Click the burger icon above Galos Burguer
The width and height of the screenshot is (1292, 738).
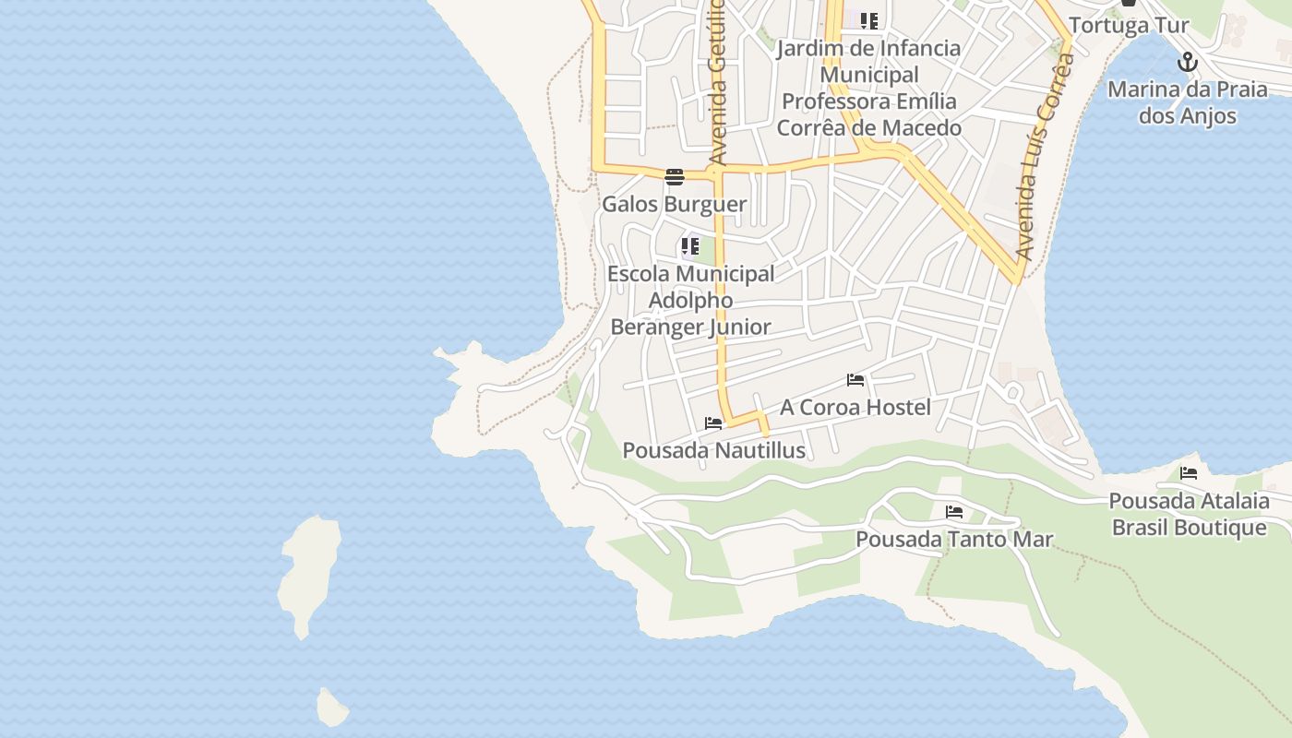(674, 176)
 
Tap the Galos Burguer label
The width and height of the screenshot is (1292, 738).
(674, 204)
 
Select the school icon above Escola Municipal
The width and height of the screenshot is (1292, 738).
(689, 246)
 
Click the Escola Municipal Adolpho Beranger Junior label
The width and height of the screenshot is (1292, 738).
(690, 300)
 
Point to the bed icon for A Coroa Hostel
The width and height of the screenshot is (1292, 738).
(855, 380)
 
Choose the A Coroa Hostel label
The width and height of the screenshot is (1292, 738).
(855, 407)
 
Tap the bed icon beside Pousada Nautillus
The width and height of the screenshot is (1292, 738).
(713, 423)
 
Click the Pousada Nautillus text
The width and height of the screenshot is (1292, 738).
(713, 450)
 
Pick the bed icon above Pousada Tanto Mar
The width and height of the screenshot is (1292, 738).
(954, 512)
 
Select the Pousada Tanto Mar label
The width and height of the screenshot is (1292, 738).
(954, 539)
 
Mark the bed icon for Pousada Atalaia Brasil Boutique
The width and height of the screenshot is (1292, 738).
(1189, 474)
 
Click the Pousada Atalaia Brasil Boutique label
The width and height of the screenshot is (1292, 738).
(1189, 514)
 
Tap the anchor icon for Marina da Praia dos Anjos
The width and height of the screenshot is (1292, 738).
(1188, 63)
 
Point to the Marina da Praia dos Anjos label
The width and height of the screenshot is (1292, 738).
(1187, 102)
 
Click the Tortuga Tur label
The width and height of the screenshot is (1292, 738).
(1129, 25)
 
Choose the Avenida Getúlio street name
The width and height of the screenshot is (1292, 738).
(717, 83)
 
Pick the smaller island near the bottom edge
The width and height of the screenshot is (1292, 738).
(331, 708)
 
